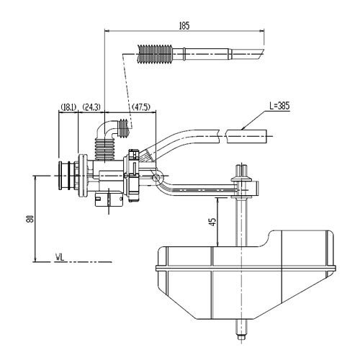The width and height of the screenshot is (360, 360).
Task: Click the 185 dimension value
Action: tap(184, 26)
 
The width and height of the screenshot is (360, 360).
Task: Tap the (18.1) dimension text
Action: tap(68, 107)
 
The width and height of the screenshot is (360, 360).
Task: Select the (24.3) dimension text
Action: tap(91, 107)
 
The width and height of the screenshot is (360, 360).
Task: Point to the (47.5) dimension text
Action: tap(141, 107)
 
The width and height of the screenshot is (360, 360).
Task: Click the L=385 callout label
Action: tap(279, 106)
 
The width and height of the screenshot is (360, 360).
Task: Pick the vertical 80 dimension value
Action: tap(30, 219)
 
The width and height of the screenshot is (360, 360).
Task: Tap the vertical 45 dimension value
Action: tap(212, 222)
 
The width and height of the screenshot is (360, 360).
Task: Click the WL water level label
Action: tap(60, 258)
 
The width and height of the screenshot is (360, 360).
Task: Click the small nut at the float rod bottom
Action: tap(241, 337)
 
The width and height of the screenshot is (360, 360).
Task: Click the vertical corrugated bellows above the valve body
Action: tap(105, 149)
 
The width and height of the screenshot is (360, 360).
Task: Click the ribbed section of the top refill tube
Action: tap(154, 54)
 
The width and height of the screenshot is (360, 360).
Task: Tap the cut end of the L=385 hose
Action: tap(266, 136)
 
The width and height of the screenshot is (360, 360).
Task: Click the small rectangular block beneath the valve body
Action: tap(109, 199)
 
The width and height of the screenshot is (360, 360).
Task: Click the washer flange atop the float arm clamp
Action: tap(241, 179)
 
